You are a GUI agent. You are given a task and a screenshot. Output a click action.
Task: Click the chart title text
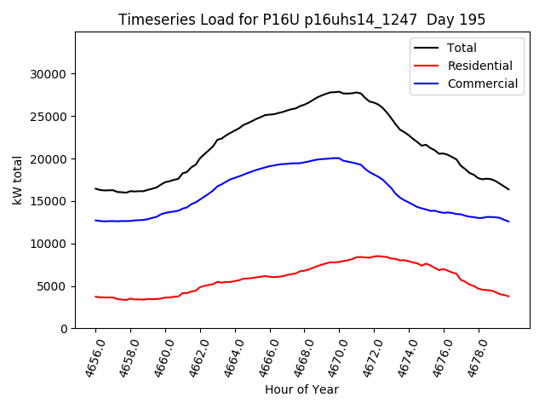pos(301,20)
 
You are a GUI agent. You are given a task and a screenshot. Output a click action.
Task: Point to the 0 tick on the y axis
pos(65,329)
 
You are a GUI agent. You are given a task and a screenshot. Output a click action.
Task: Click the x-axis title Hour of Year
pos(301,389)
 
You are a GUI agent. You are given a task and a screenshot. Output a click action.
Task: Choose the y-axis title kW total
pos(18,180)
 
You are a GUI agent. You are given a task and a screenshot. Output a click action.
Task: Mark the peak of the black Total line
pos(339,91)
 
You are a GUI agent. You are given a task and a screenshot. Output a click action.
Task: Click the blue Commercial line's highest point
pos(338,158)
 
